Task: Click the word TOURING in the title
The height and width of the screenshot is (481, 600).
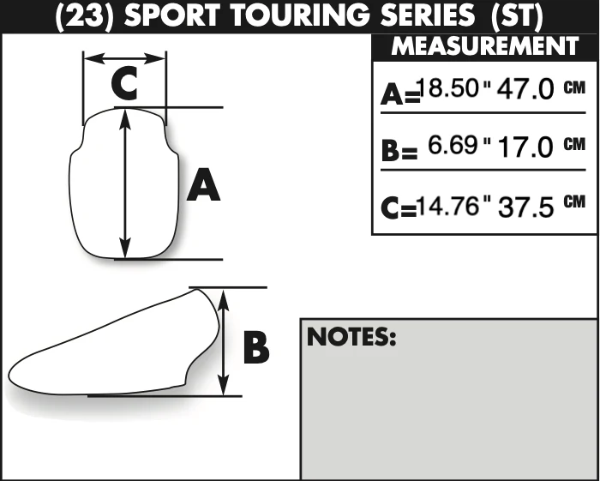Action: pyautogui.click(x=301, y=15)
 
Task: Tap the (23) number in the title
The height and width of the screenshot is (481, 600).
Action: pyautogui.click(x=85, y=16)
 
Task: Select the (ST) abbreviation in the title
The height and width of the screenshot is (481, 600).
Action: pyautogui.click(x=518, y=16)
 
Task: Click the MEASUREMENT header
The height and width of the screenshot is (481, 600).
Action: pyautogui.click(x=485, y=46)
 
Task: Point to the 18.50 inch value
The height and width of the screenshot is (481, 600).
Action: pyautogui.click(x=448, y=87)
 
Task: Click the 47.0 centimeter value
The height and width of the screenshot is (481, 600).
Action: pyautogui.click(x=525, y=89)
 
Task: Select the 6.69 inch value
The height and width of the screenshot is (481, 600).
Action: pyautogui.click(x=453, y=145)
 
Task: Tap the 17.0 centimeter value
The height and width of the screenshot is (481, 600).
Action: pyautogui.click(x=525, y=147)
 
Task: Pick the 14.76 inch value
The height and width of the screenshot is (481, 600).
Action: pyautogui.click(x=448, y=206)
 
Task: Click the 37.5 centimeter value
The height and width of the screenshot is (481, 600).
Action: pyautogui.click(x=525, y=207)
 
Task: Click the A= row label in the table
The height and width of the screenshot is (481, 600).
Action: pyautogui.click(x=400, y=94)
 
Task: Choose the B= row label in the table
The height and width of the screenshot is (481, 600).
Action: pyautogui.click(x=399, y=150)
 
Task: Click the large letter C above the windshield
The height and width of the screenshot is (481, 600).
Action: pyautogui.click(x=124, y=83)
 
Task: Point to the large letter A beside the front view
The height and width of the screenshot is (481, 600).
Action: pyautogui.click(x=203, y=184)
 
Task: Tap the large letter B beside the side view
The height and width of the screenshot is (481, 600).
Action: pyautogui.click(x=256, y=347)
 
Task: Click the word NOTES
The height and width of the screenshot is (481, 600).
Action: pyautogui.click(x=351, y=337)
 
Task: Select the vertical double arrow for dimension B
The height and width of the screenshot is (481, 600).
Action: pyautogui.click(x=223, y=342)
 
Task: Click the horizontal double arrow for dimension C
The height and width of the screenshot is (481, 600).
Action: pyautogui.click(x=125, y=58)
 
